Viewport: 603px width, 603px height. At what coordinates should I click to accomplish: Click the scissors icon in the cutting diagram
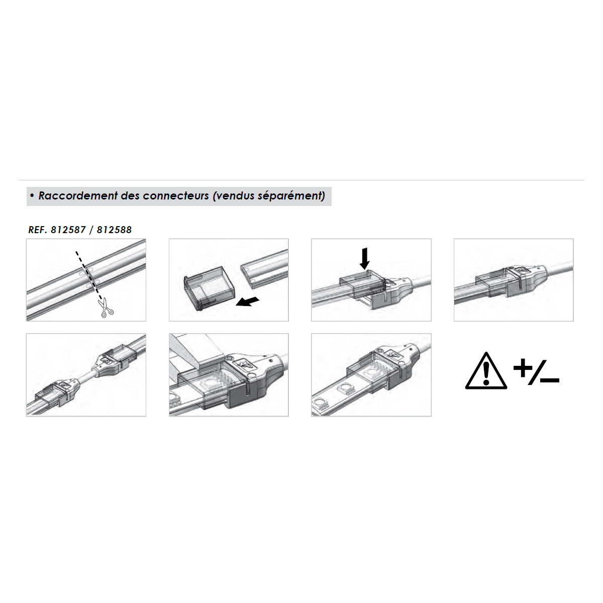(106, 308)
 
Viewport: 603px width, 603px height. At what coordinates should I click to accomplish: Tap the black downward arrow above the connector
(364, 258)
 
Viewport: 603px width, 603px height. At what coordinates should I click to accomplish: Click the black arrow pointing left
(247, 301)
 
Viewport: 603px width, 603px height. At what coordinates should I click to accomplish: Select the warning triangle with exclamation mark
(486, 371)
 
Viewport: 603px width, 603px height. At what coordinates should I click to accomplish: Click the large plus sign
(523, 368)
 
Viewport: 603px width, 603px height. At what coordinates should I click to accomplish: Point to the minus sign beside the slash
(550, 380)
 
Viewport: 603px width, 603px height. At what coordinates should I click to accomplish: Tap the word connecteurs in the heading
(176, 196)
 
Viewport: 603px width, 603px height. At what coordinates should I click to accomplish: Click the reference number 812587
(68, 230)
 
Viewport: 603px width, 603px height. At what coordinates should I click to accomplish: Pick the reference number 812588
(114, 230)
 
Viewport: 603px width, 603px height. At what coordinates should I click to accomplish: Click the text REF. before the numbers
(38, 230)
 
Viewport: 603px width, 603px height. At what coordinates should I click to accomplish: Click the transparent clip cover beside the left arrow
(209, 288)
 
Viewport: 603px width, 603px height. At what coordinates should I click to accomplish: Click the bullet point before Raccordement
(32, 195)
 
